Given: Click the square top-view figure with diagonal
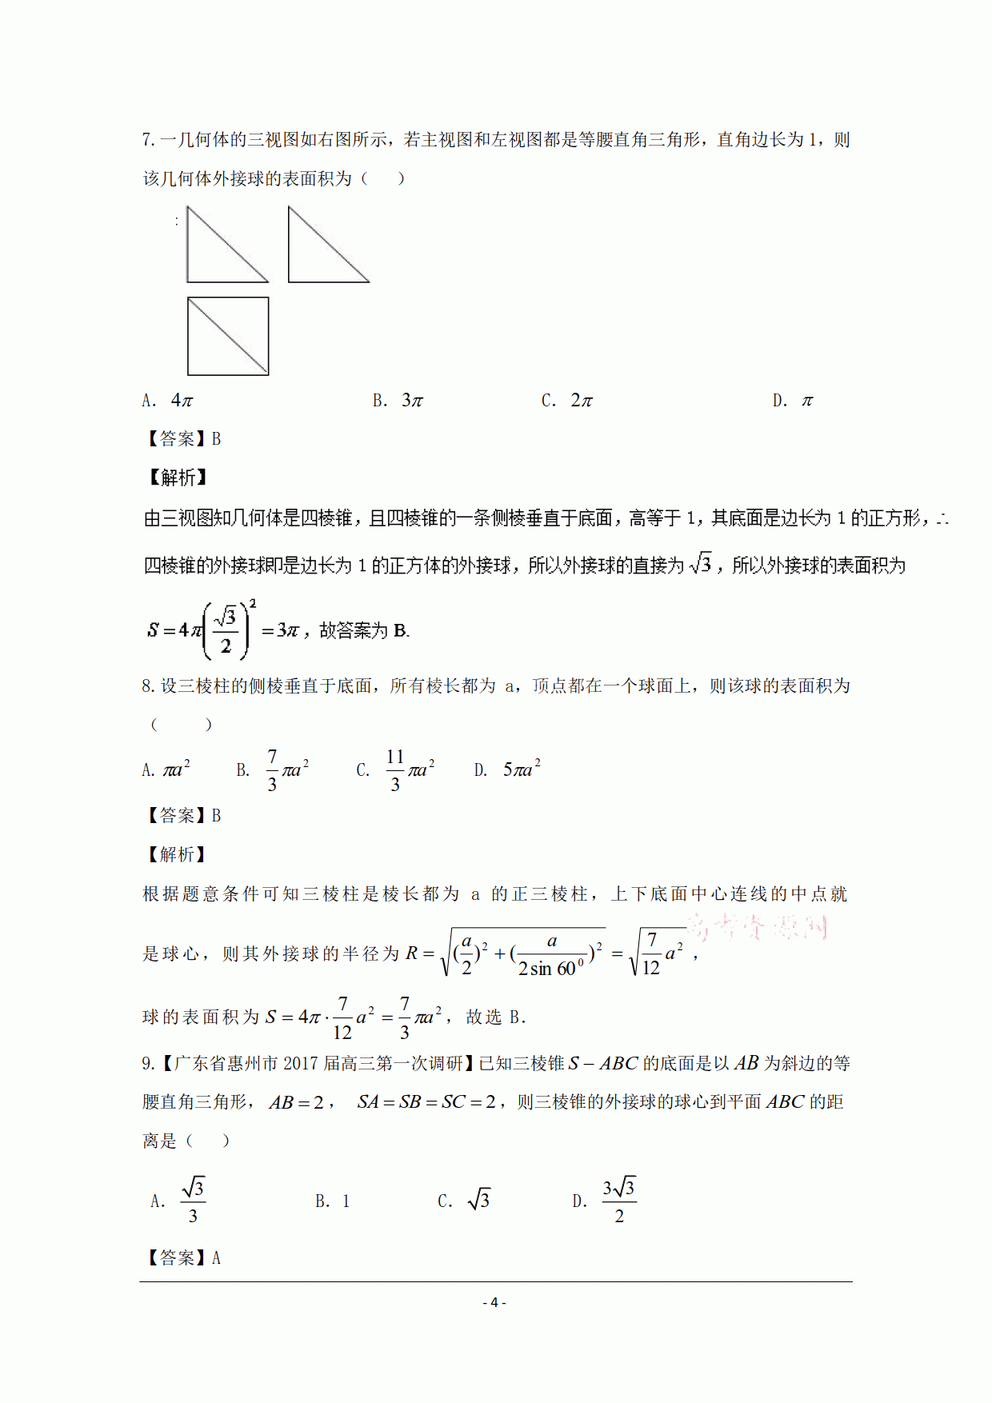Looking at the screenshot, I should click(x=228, y=336).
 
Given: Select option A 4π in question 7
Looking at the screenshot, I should click(x=169, y=401).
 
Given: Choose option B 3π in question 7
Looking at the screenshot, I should click(x=398, y=401).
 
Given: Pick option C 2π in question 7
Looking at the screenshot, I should click(x=567, y=401).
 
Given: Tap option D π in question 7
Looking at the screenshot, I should click(x=793, y=401).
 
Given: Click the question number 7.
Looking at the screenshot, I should click(x=148, y=140).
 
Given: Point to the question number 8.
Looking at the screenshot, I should click(x=148, y=686).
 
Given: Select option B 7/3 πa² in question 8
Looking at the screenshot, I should click(x=273, y=770).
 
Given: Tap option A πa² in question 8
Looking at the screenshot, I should click(x=166, y=770).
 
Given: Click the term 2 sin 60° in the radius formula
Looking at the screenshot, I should click(x=551, y=969).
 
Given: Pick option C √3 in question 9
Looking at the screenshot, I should click(x=464, y=1201).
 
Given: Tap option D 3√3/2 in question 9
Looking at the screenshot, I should click(x=605, y=1201).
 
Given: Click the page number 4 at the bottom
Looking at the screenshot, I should click(x=494, y=1302).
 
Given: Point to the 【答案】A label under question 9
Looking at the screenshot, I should click(x=182, y=1258).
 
